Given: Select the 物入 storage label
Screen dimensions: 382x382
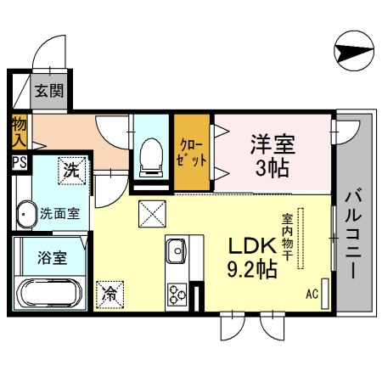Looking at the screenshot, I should (19, 132).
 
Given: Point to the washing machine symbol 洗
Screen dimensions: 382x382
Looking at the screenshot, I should (72, 170).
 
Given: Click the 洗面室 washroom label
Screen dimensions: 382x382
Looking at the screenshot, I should (59, 213).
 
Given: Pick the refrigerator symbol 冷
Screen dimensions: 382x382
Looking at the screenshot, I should (110, 294).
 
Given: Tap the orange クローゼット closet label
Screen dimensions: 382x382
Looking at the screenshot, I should (192, 153).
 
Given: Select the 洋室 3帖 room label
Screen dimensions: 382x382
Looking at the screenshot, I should (272, 154).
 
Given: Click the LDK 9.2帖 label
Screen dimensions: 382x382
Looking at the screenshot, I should (251, 258).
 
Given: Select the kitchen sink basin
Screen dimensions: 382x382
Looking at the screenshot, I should (177, 251).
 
